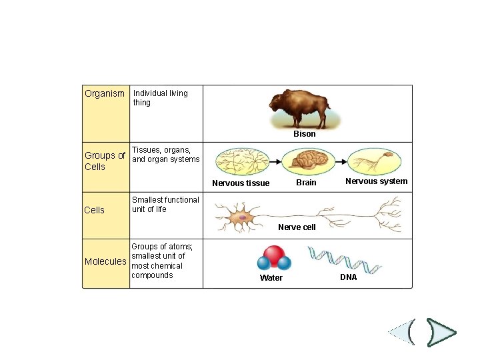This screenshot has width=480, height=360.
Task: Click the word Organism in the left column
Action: point(105,93)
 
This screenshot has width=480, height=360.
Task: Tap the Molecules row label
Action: point(105,261)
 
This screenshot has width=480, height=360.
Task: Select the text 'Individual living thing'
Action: point(160,98)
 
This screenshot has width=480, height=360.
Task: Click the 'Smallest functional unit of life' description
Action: point(165,205)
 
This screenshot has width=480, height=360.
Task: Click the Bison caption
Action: point(305,134)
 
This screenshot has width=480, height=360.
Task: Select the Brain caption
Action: point(306,183)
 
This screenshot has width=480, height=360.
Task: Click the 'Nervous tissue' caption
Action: point(241,183)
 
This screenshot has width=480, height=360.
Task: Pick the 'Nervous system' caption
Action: point(376,181)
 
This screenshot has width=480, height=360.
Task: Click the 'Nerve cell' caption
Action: point(297,227)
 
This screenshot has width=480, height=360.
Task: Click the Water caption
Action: point(271,278)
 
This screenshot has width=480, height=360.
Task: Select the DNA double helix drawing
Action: point(345,260)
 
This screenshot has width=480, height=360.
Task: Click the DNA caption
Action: point(349,277)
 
